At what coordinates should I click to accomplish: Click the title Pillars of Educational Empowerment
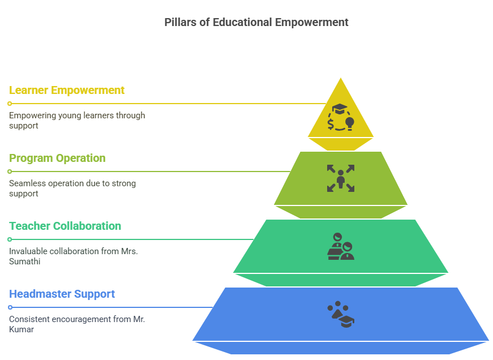pyautogui.click(x=256, y=23)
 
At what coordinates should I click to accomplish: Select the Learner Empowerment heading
pyautogui.click(x=67, y=90)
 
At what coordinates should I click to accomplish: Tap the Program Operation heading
pyautogui.click(x=57, y=158)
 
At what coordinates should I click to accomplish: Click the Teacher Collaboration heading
pyautogui.click(x=65, y=226)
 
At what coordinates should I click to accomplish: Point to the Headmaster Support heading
pyautogui.click(x=62, y=294)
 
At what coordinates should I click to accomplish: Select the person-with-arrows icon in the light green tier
pyautogui.click(x=341, y=178)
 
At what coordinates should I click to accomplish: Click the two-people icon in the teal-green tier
pyautogui.click(x=341, y=246)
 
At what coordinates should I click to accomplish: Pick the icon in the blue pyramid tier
pyautogui.click(x=341, y=315)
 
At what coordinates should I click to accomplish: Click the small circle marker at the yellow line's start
pyautogui.click(x=10, y=104)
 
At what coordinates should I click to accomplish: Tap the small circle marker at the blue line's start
pyautogui.click(x=10, y=307)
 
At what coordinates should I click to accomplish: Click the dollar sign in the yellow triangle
pyautogui.click(x=331, y=122)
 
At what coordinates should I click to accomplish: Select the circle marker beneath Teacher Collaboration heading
pyautogui.click(x=10, y=239)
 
